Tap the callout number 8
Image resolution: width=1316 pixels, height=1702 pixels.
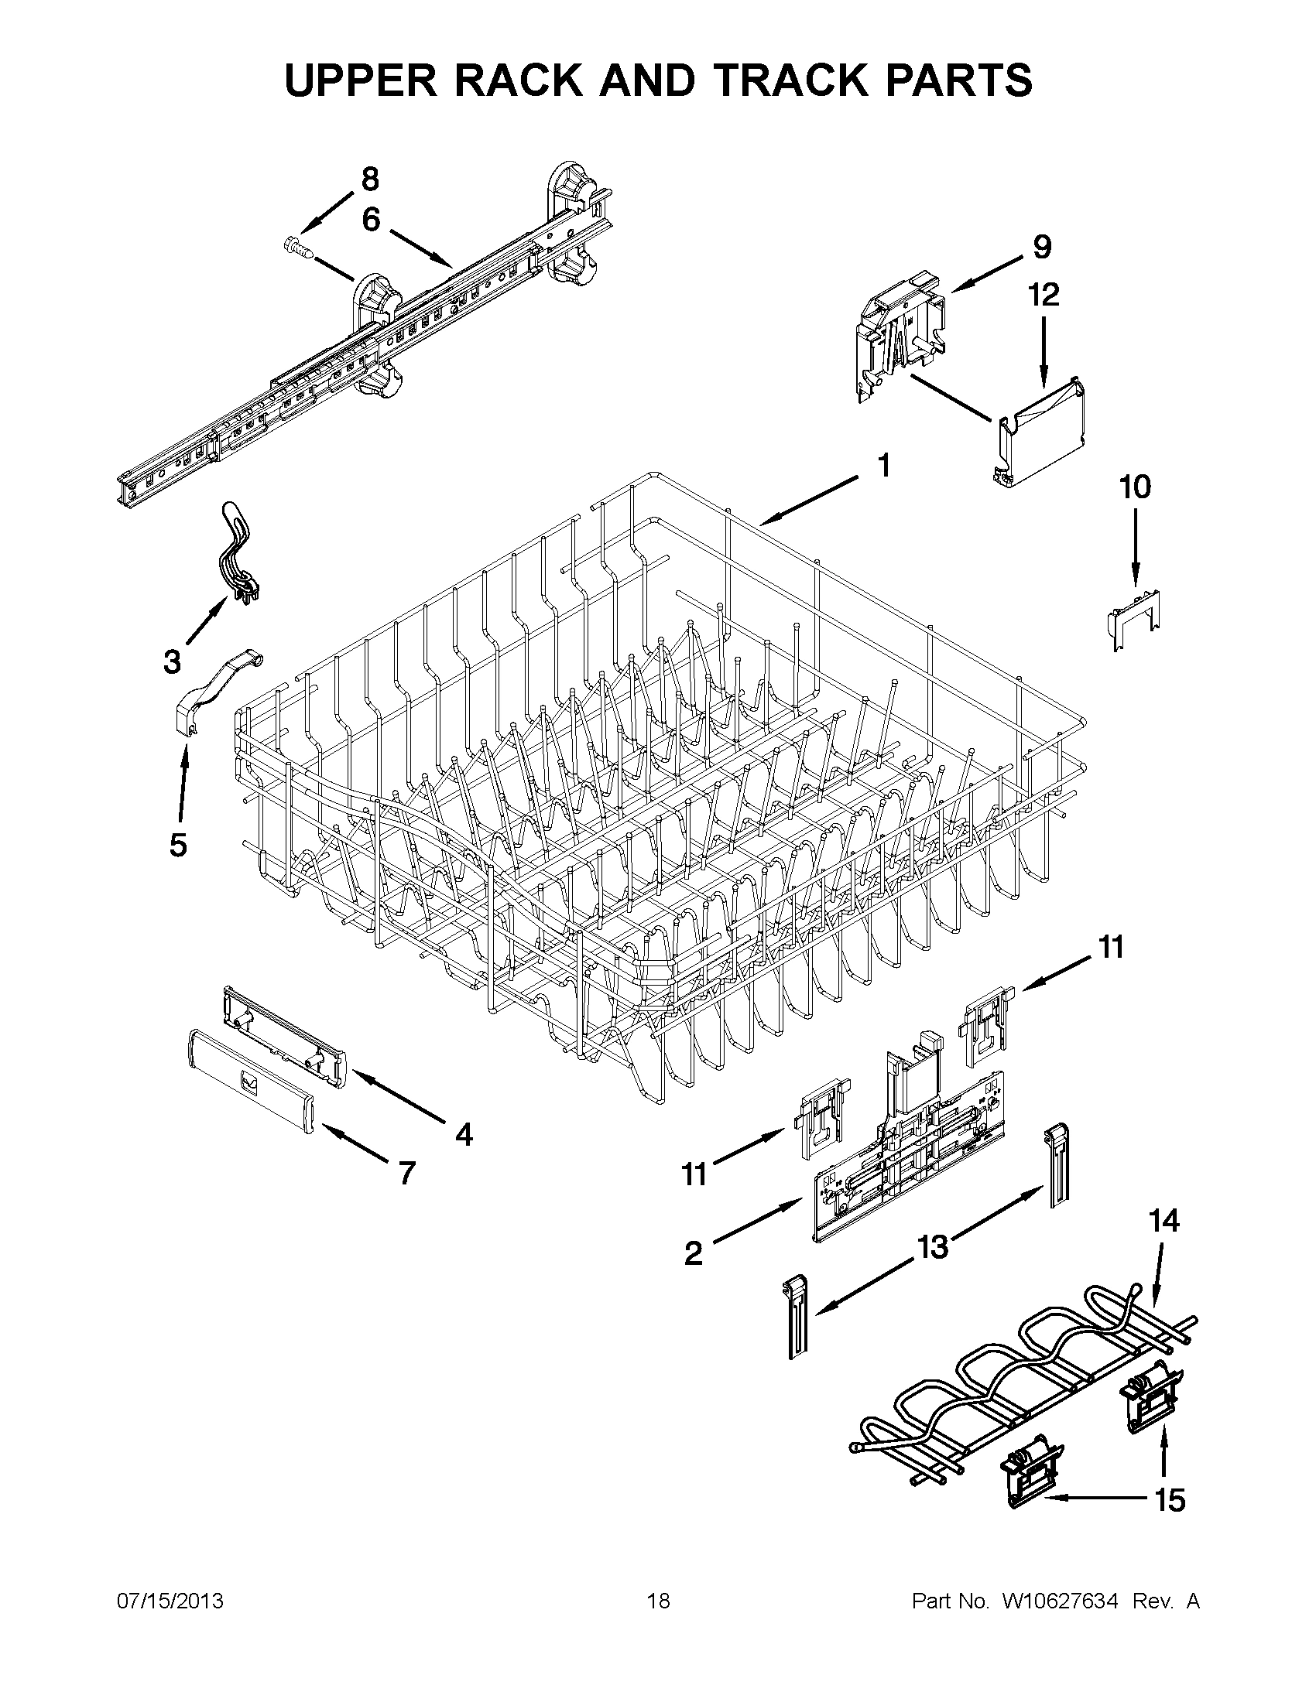tap(370, 179)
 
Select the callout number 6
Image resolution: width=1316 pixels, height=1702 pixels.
tap(371, 220)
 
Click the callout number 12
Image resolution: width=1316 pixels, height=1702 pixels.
tap(1044, 296)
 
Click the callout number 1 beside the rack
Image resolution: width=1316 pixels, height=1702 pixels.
tap(883, 466)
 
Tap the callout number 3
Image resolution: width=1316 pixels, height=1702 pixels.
tap(173, 662)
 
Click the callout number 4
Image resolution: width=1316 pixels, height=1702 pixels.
tap(464, 1136)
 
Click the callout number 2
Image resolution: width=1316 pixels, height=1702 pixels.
tap(693, 1254)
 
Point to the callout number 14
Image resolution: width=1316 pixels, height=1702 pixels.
tap(1163, 1221)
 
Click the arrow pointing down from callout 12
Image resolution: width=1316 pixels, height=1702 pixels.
tap(1044, 350)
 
